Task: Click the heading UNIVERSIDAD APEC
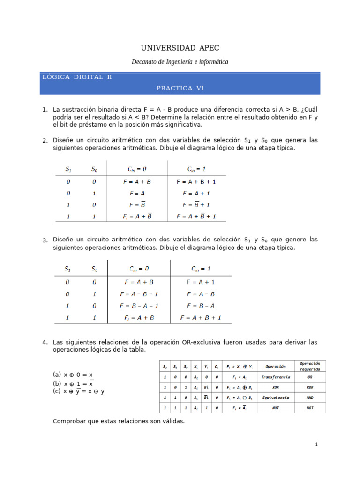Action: pyautogui.click(x=180, y=48)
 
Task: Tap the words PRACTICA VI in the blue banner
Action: pyautogui.click(x=180, y=88)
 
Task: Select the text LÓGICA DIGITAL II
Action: pyautogui.click(x=77, y=77)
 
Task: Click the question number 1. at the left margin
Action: pyautogui.click(x=45, y=110)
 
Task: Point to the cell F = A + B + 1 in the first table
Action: pyautogui.click(x=196, y=181)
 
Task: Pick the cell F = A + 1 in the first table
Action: pyautogui.click(x=196, y=193)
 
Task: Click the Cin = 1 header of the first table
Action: pyautogui.click(x=196, y=169)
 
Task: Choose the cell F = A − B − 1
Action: pyautogui.click(x=139, y=294)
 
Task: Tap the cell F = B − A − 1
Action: pyautogui.click(x=139, y=306)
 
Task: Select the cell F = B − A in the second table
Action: pyautogui.click(x=201, y=306)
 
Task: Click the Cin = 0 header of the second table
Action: pyautogui.click(x=139, y=269)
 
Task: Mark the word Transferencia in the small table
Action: pyautogui.click(x=275, y=377)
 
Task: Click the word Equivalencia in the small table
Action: pyautogui.click(x=275, y=397)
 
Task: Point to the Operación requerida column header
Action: pyautogui.click(x=310, y=366)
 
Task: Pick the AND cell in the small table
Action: pyautogui.click(x=310, y=397)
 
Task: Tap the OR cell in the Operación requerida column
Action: pyautogui.click(x=310, y=377)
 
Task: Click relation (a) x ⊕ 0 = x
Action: pyautogui.click(x=73, y=375)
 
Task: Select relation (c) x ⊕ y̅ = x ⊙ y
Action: pyautogui.click(x=79, y=391)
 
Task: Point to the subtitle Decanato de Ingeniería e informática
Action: pyautogui.click(x=180, y=62)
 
